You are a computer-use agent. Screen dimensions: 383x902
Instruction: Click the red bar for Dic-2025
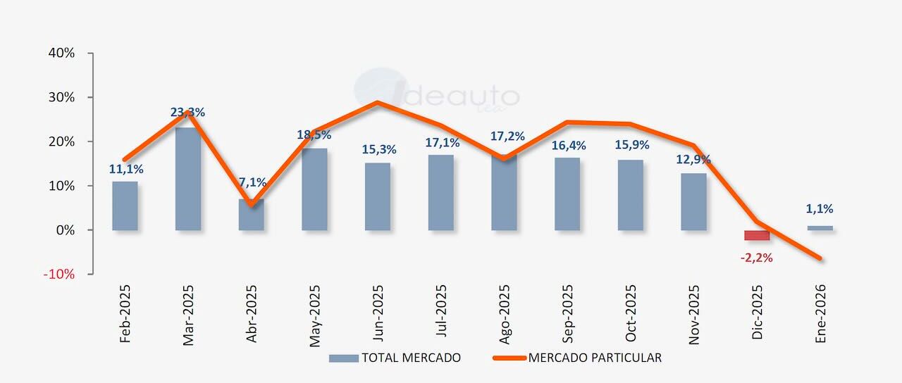point(757,235)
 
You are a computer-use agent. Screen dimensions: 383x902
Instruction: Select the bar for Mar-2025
point(188,179)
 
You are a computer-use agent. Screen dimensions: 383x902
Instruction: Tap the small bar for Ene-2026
point(820,227)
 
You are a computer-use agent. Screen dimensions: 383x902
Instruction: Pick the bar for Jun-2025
point(378,196)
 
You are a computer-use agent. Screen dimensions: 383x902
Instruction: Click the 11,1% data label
point(126,169)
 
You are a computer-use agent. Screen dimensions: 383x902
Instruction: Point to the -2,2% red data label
point(756,258)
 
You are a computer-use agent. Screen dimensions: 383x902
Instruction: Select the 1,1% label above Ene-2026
point(819,209)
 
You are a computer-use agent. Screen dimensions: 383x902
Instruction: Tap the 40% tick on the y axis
point(61,54)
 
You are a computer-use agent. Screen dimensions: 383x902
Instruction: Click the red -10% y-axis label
point(59,274)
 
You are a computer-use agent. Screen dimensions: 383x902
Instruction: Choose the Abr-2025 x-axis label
point(252,313)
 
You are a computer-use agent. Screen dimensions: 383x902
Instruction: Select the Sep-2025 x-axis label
point(568,313)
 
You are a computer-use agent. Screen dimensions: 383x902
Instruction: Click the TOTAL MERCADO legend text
point(411,358)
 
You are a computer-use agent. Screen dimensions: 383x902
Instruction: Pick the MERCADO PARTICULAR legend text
point(595,358)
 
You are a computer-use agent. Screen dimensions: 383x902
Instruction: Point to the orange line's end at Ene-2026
point(820,258)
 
